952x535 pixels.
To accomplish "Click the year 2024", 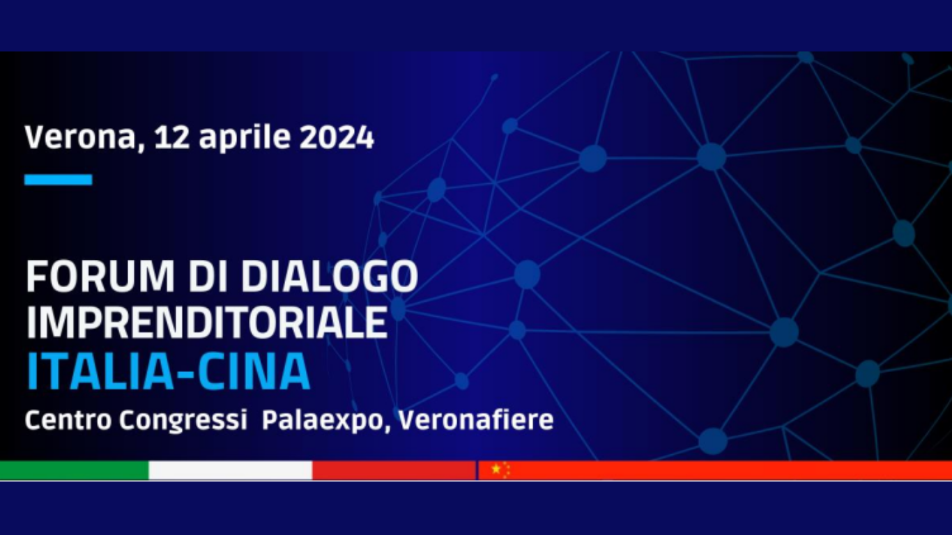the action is click(337, 137).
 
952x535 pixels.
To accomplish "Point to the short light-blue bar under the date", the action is click(59, 180).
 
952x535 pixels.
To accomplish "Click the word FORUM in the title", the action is click(100, 277).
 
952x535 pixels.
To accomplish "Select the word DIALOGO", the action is click(330, 277).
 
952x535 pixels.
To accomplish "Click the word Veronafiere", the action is click(477, 420).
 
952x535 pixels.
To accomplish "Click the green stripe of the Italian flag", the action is click(75, 470).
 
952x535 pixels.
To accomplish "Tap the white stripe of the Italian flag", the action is click(231, 470).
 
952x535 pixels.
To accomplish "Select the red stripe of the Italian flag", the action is click(394, 470).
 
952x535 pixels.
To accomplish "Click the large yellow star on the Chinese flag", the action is click(496, 469).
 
